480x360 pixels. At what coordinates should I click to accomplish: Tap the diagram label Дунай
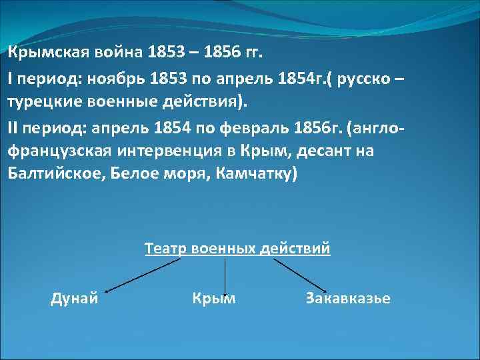[75, 299]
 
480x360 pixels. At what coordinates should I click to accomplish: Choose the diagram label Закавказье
[348, 299]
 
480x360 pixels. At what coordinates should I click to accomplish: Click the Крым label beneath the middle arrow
[213, 299]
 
